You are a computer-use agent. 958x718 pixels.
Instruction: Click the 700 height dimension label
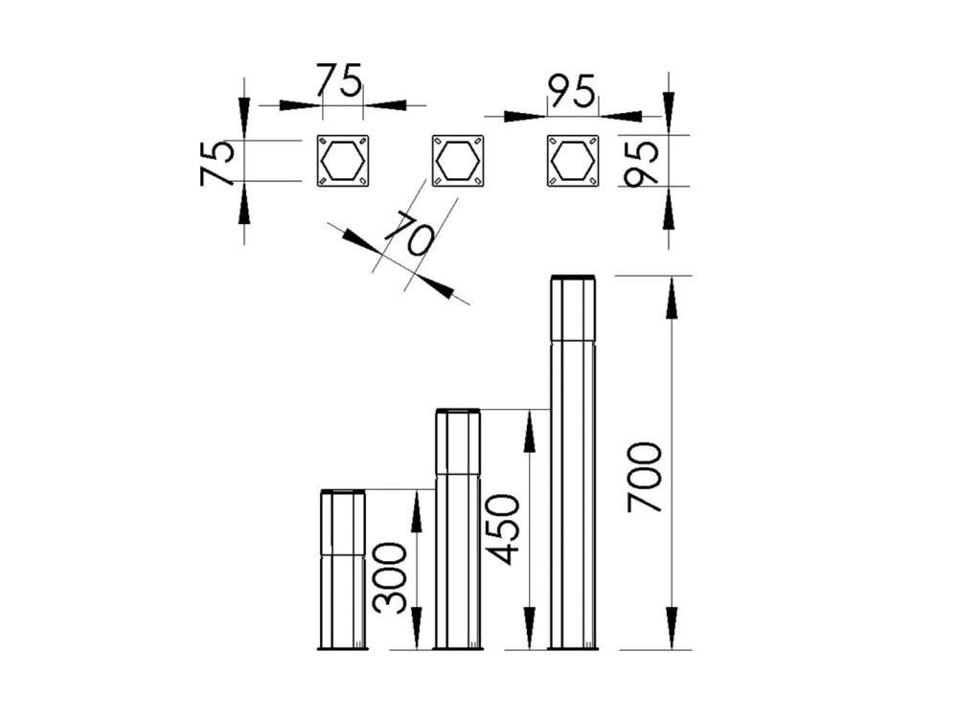pyautogui.click(x=645, y=477)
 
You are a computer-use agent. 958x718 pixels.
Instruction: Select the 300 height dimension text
pyautogui.click(x=390, y=577)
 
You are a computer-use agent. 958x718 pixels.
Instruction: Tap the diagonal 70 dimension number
pyautogui.click(x=408, y=234)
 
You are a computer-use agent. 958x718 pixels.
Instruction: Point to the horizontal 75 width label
pyautogui.click(x=339, y=80)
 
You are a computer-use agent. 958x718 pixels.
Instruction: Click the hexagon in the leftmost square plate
pyautogui.click(x=342, y=160)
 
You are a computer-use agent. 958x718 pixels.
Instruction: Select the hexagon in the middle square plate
pyautogui.click(x=457, y=160)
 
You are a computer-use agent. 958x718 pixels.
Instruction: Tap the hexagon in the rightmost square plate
pyautogui.click(x=573, y=160)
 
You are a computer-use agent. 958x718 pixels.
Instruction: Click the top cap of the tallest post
pyautogui.click(x=573, y=279)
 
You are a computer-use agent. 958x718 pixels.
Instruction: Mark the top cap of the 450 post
pyautogui.click(x=458, y=412)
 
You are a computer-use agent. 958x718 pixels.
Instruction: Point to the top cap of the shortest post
pyautogui.click(x=343, y=492)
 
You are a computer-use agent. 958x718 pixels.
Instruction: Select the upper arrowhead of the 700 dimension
pyautogui.click(x=672, y=297)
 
